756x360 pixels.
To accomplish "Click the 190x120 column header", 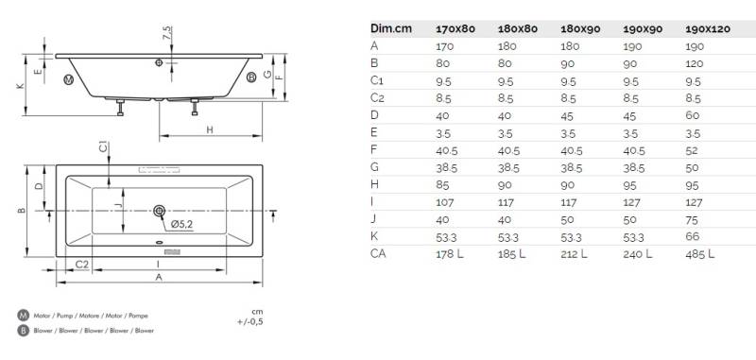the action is [707, 29].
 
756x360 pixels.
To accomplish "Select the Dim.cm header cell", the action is [391, 28].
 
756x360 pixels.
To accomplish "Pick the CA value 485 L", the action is [700, 254].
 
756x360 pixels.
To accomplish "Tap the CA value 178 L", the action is [450, 254].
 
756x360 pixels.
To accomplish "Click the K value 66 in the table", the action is [693, 236].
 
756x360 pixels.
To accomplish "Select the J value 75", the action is [692, 220].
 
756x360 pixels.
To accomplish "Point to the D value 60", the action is [693, 115].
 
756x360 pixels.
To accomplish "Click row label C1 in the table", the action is [377, 80].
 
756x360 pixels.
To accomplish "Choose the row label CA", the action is [379, 253].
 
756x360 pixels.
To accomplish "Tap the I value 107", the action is [444, 202].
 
